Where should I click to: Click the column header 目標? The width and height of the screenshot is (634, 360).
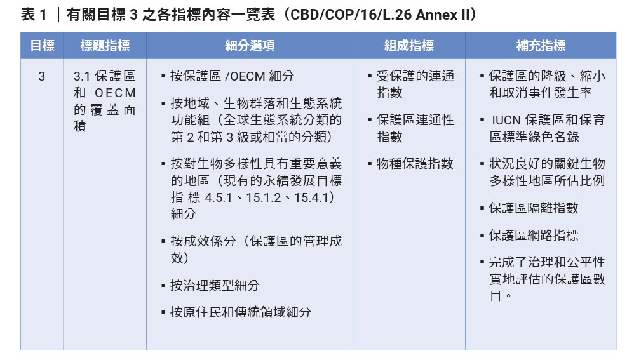pos(42,46)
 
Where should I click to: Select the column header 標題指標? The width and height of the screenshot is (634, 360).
pos(105,46)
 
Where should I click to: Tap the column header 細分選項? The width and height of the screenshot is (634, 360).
pos(250,46)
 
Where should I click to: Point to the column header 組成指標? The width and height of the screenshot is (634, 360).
pos(409,46)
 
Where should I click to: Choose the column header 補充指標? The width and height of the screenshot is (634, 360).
pos(541,46)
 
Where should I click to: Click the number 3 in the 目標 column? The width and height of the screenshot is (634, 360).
pos(42,76)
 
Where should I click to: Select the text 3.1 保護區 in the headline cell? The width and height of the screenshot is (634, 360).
pos(104,76)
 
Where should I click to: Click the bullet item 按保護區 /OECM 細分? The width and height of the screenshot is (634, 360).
pos(232,76)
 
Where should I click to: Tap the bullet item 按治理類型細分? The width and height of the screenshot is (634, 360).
pos(215,285)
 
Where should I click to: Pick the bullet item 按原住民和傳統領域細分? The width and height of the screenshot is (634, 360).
pos(241,312)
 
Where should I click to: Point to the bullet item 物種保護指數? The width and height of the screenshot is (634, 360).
pos(415,164)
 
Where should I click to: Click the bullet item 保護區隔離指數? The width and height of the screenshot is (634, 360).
pos(534,208)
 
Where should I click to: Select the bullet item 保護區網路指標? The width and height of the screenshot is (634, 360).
pos(534,235)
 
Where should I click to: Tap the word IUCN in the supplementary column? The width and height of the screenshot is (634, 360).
pos(506,121)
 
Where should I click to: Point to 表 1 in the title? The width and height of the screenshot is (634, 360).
pos(34,15)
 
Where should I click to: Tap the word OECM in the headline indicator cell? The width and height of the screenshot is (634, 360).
pos(115,93)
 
